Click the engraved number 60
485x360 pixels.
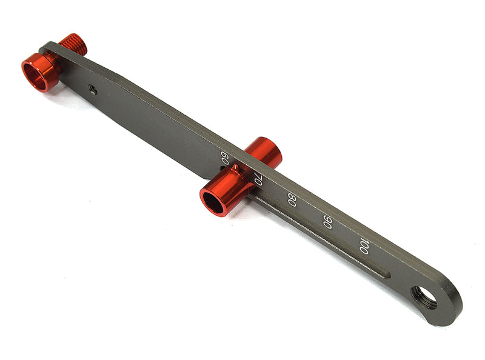click(225, 159)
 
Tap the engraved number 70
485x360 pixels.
click(258, 179)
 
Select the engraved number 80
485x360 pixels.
click(292, 199)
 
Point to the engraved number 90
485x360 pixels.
click(327, 222)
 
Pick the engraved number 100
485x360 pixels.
click(364, 245)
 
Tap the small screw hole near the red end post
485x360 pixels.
click(92, 88)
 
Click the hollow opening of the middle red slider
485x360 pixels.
click(213, 202)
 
